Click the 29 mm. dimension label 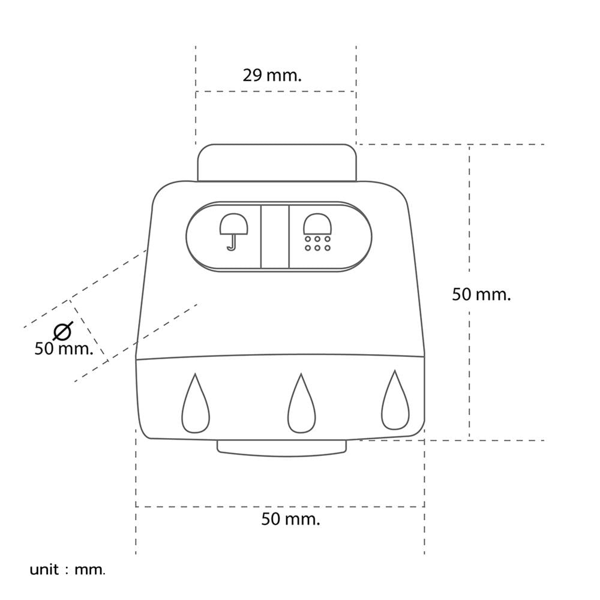[272, 76]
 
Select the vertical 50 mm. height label [481, 294]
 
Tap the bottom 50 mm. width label [290, 519]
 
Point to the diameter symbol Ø [63, 331]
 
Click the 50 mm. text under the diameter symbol [64, 349]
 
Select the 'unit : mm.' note [67, 570]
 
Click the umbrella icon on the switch [233, 232]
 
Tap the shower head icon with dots [317, 232]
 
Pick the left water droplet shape [196, 403]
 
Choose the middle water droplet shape [302, 403]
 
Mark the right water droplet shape [395, 400]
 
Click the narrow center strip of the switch [275, 237]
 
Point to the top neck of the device [277, 163]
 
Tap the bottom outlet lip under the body [282, 448]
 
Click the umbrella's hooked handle [232, 242]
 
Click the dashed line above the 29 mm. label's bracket [276, 91]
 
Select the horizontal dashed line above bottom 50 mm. [280, 506]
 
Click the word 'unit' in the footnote [44, 570]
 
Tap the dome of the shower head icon [317, 223]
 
